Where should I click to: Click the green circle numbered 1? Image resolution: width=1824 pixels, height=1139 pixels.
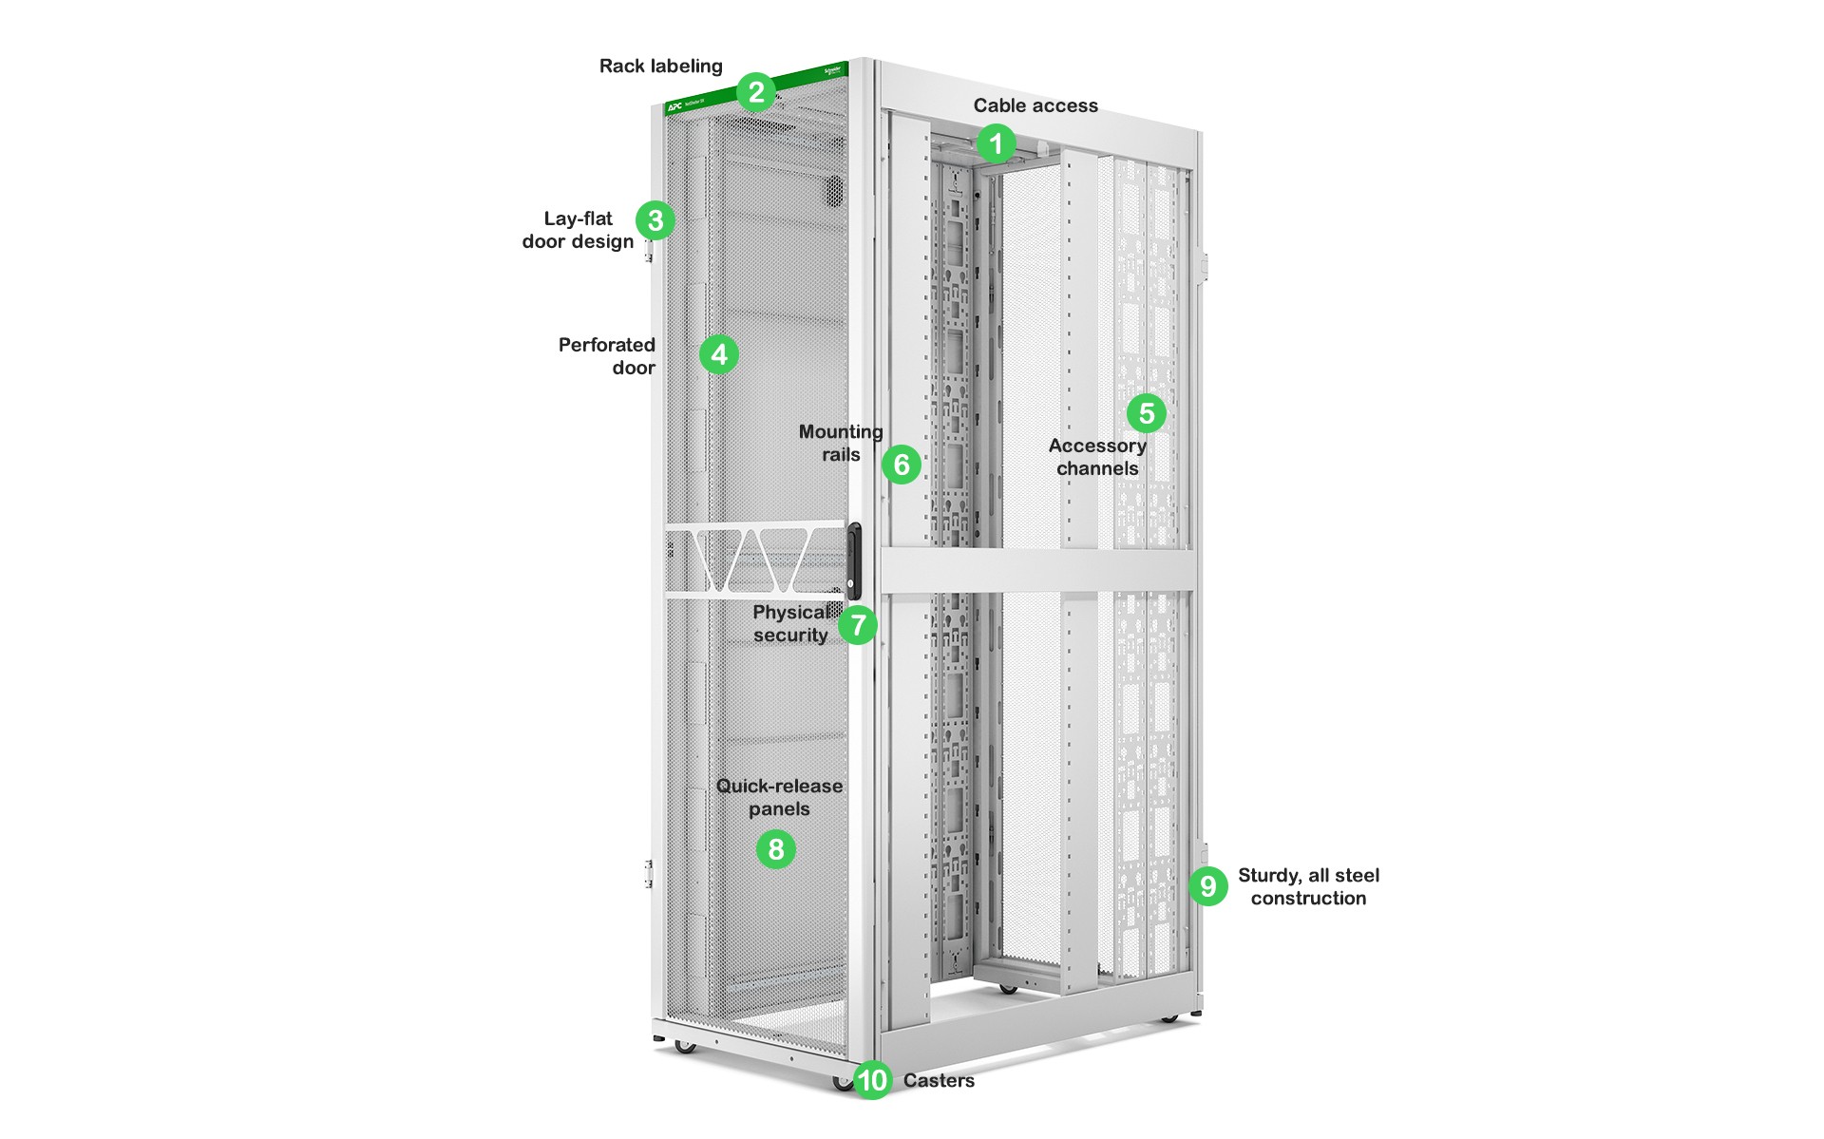[996, 143]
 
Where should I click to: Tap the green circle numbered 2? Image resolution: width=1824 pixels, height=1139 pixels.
[756, 92]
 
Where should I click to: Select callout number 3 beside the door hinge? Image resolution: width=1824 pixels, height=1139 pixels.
[655, 220]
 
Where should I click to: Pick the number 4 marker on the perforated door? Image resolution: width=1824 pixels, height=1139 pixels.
[719, 354]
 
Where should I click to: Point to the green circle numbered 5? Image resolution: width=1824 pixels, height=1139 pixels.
[1147, 413]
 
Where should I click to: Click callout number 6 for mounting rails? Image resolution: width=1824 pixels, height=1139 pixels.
[902, 465]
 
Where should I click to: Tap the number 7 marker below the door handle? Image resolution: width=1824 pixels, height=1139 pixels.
[858, 625]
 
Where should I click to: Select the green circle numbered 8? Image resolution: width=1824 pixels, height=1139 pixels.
[776, 848]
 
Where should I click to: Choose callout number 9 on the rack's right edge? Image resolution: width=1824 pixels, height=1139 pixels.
[1207, 886]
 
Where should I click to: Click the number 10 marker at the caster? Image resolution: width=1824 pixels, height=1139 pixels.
[872, 1080]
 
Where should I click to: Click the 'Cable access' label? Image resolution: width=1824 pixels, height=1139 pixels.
[1035, 105]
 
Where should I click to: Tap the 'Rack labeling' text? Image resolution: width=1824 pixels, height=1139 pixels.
[660, 66]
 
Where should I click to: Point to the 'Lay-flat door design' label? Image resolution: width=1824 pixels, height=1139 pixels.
[578, 230]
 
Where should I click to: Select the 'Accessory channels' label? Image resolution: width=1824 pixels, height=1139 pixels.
[1097, 457]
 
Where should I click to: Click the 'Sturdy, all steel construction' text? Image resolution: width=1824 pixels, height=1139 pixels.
[1308, 886]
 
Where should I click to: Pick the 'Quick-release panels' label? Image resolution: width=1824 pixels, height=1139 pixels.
[779, 797]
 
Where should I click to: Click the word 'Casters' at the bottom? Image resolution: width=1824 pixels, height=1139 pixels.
[939, 1080]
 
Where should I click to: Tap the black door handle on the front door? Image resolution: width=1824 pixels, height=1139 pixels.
[853, 560]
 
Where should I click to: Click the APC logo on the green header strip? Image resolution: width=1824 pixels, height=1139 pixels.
[675, 105]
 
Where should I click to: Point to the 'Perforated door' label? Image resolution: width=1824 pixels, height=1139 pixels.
[607, 356]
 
